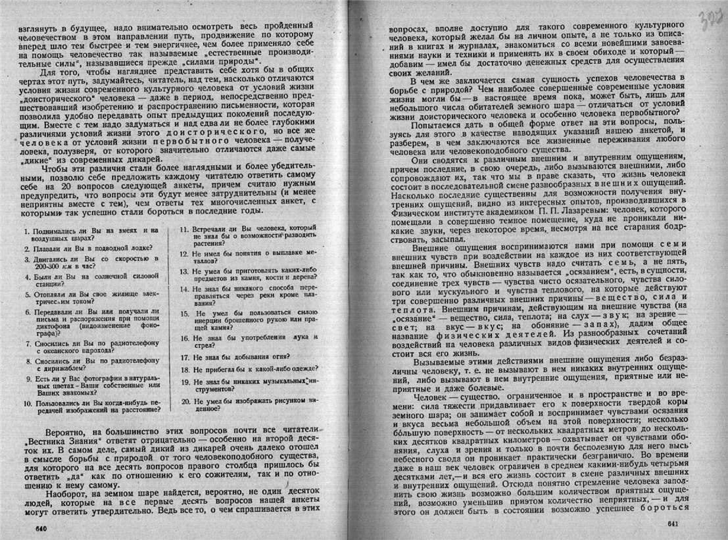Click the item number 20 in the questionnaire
tap(185, 400)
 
